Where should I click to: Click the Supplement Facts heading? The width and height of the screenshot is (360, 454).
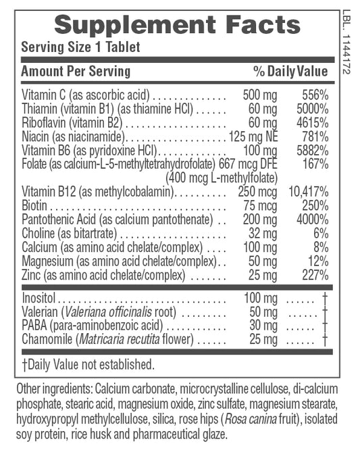pos(177,25)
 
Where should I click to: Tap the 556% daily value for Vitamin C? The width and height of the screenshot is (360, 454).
pos(314,96)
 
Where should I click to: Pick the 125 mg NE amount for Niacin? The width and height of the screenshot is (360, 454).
pos(253,136)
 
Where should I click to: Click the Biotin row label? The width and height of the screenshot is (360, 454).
pos(36,205)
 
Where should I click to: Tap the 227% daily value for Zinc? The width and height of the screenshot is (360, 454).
pos(314,276)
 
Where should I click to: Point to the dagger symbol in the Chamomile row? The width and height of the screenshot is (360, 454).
pos(326,338)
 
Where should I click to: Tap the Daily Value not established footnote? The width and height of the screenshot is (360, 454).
pos(88,364)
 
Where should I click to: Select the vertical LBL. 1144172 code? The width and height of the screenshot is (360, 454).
pos(348,41)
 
